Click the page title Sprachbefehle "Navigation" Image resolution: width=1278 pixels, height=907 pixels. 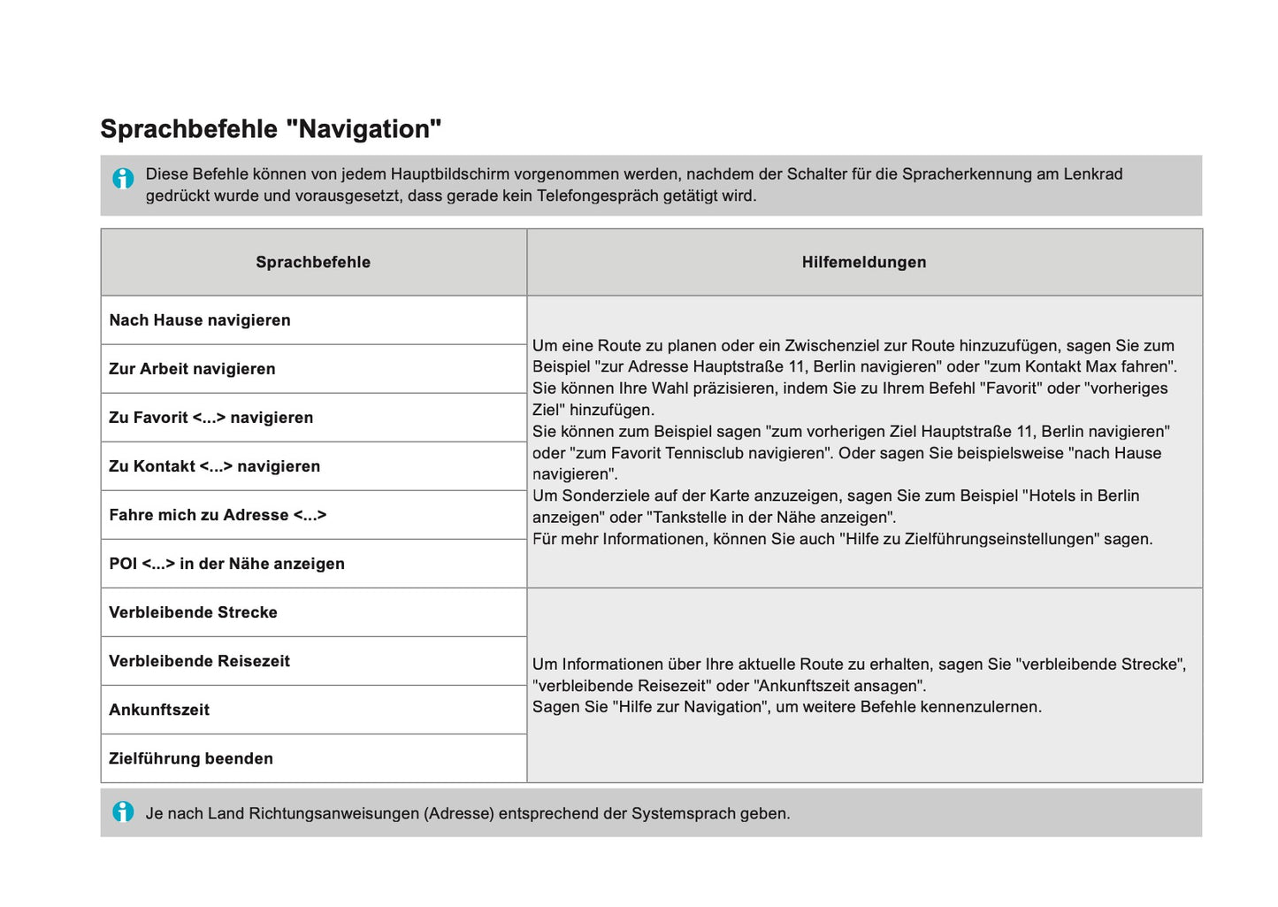[x=271, y=129]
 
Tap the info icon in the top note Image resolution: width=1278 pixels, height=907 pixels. [x=123, y=178]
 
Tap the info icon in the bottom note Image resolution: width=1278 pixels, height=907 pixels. [x=123, y=811]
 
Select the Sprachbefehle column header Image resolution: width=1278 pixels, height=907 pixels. [x=313, y=262]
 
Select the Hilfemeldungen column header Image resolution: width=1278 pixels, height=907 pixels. [x=864, y=262]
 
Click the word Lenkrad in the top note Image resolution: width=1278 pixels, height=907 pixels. [x=1093, y=174]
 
